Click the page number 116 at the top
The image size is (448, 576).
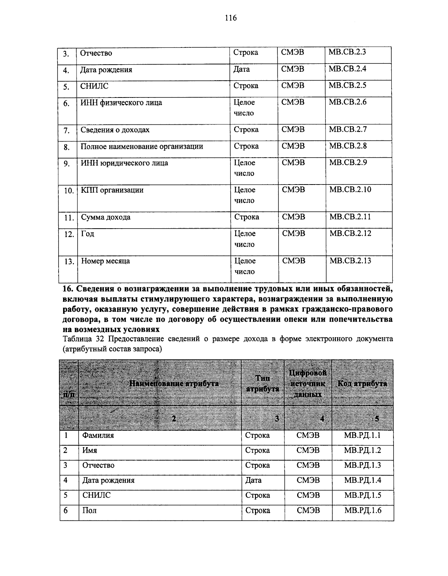click(231, 18)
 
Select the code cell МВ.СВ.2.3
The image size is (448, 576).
click(347, 52)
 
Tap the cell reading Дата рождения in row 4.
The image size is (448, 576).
click(106, 70)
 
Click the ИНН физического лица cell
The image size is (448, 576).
click(121, 103)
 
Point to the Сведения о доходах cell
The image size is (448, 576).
click(115, 130)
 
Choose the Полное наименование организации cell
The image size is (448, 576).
click(142, 146)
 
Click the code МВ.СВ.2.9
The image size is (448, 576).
click(348, 162)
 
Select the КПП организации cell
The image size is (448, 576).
click(112, 190)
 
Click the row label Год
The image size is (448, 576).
click(88, 234)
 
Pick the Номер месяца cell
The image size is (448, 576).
click(106, 261)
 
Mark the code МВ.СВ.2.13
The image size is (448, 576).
click(350, 261)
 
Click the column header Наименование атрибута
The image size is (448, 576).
click(174, 384)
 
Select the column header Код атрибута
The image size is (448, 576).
click(362, 384)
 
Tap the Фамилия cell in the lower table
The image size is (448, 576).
click(98, 436)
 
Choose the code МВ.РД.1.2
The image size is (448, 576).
click(363, 450)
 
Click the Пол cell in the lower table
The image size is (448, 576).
click(89, 511)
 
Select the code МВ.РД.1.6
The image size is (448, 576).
click(363, 511)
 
